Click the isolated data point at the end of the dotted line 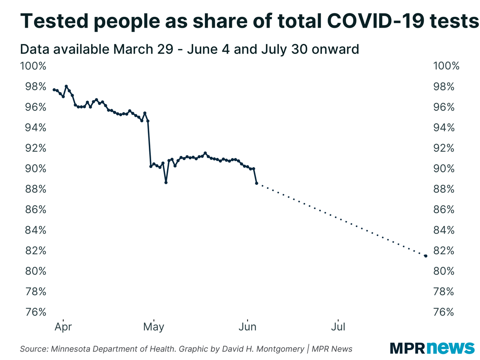tap(426, 256)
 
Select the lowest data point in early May tap(166, 182)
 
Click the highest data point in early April tap(66, 86)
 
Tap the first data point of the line tap(54, 90)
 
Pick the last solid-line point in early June tap(256, 183)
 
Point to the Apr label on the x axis tap(63, 327)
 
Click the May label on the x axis tap(153, 327)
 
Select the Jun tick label tap(248, 327)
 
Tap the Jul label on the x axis tap(338, 327)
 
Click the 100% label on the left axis tap(33, 66)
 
